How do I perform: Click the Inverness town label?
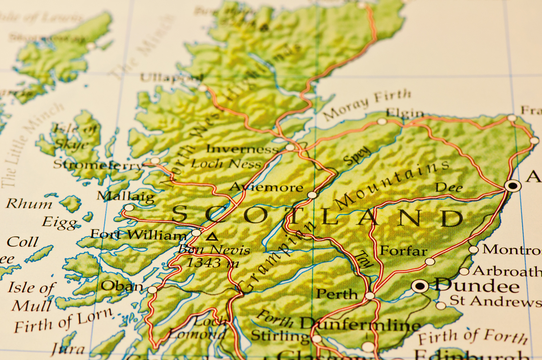pos(243,149)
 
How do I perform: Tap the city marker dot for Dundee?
pos(420,286)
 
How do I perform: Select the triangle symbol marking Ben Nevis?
pos(211,236)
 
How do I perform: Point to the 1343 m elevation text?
pos(212,262)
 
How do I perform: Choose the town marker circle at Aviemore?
pos(312,195)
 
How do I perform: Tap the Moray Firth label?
pos(367,104)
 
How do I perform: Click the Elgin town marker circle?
pos(382,121)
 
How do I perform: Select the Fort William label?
pos(138,235)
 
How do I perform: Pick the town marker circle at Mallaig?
pos(129,208)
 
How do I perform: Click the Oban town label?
pos(122,286)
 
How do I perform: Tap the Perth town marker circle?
pos(370,296)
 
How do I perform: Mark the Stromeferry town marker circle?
pos(155,161)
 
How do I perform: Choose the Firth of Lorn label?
pos(63,320)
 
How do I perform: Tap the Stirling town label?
pos(280,336)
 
